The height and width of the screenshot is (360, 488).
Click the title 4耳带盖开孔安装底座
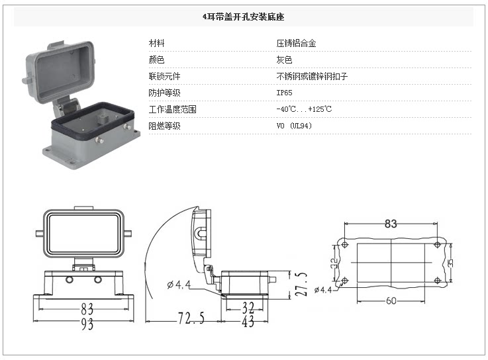244,17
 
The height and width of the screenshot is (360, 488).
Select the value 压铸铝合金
296,44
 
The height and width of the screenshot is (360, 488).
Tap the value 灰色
284,60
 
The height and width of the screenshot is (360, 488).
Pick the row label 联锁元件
164,76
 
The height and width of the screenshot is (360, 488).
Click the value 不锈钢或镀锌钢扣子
312,76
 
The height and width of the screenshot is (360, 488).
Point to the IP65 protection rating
284,93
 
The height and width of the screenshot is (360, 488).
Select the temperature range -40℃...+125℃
304,109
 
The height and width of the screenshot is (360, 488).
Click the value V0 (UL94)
294,126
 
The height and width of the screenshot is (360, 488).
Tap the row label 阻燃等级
164,126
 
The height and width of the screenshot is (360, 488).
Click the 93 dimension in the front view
87,324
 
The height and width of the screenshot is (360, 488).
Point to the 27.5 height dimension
301,283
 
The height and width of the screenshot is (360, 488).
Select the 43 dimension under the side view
248,322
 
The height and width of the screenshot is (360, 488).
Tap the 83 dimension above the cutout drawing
391,224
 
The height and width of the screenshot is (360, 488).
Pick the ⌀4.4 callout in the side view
179,285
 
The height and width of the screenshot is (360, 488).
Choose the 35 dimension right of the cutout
451,263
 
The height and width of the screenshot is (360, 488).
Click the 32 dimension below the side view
247,308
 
